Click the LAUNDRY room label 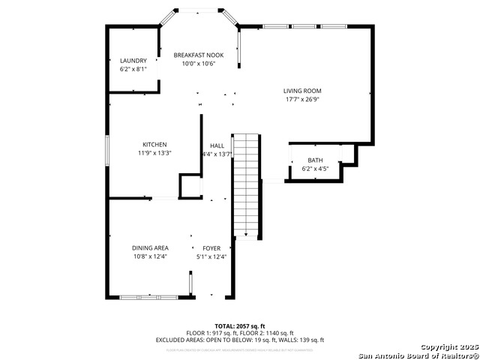(133, 61)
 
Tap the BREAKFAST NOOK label (199, 55)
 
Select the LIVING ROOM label (302, 91)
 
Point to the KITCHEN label (154, 145)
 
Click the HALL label (217, 145)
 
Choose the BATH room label (315, 160)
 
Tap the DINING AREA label (150, 248)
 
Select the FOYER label (211, 248)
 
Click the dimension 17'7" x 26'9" (302, 100)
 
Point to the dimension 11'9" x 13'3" (154, 153)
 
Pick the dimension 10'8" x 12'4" (150, 256)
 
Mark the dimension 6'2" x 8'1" (133, 69)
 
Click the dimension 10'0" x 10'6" (199, 64)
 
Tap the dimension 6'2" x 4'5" (315, 169)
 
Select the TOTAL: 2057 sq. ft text (239, 326)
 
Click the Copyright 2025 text (448, 347)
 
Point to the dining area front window (148, 298)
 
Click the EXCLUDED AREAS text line (239, 340)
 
